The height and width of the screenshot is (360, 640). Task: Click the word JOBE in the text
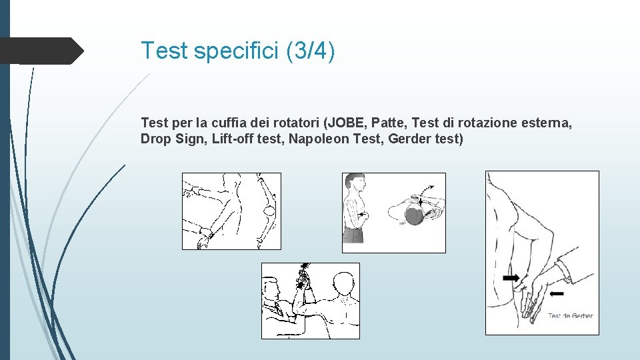(x=346, y=123)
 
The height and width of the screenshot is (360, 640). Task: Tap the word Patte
(x=389, y=123)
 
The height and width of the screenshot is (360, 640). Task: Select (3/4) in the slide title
(x=311, y=51)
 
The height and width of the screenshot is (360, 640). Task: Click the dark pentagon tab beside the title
(x=42, y=51)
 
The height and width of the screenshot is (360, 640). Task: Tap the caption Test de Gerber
(x=570, y=315)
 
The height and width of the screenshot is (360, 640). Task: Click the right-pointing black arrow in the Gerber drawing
(x=511, y=278)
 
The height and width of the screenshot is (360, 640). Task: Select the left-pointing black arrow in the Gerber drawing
(x=557, y=293)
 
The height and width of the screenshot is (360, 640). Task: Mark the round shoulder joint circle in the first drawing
(x=269, y=211)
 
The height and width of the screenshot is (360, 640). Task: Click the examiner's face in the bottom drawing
(x=271, y=289)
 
